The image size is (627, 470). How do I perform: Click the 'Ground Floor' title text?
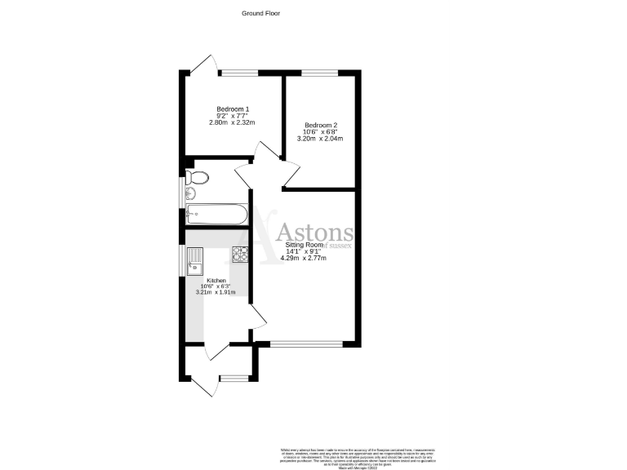click(x=260, y=13)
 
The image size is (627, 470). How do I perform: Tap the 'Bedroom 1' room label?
click(x=233, y=109)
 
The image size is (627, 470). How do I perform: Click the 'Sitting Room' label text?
click(x=304, y=245)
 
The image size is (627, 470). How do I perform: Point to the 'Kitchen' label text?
click(x=216, y=281)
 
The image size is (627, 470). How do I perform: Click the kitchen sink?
click(x=194, y=262)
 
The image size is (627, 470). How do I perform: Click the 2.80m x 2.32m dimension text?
click(x=233, y=123)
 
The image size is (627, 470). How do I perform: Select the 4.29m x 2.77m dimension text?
click(x=304, y=259)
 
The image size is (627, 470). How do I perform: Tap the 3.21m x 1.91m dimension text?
click(x=216, y=293)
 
